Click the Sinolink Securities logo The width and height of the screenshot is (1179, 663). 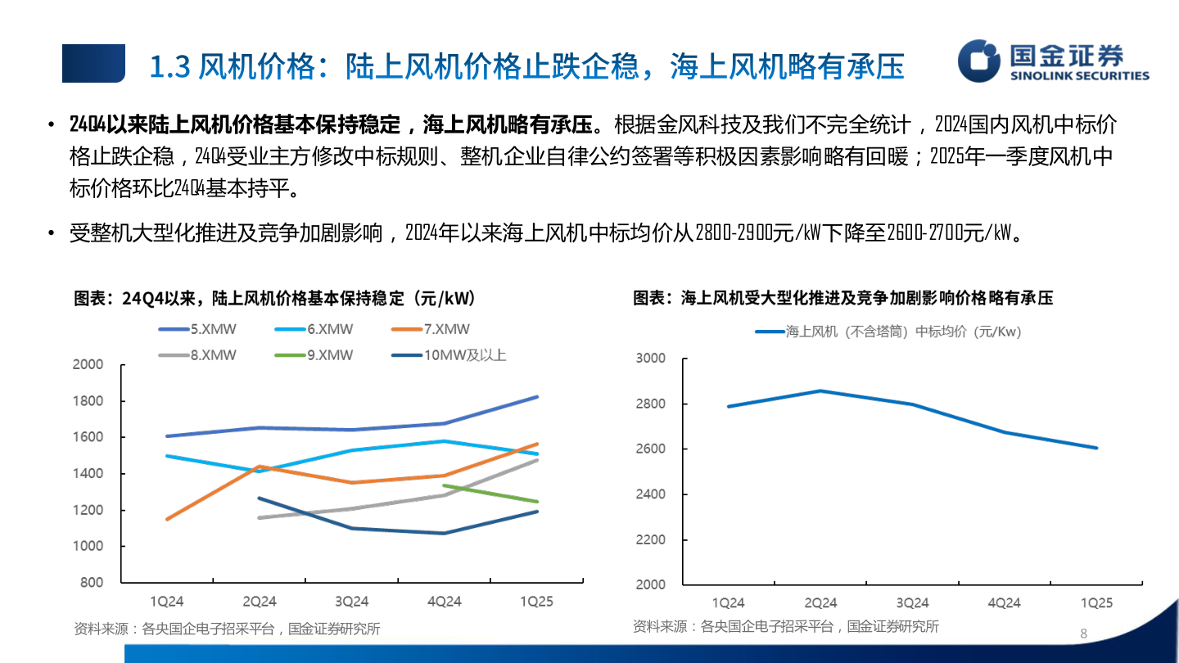[x=1055, y=61]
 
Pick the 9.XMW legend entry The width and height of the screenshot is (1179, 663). [x=314, y=355]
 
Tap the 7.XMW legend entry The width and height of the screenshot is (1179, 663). [x=431, y=330]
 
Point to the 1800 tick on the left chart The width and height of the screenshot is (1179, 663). [x=88, y=401]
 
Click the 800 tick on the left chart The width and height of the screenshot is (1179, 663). [x=93, y=583]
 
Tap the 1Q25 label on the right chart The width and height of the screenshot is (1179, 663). [x=1097, y=603]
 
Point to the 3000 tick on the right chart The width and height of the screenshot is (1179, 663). [x=651, y=359]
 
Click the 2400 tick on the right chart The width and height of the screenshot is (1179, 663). [x=651, y=494]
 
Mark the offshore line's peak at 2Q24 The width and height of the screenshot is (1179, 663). [x=820, y=390]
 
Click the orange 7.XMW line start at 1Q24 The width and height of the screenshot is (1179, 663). [x=167, y=519]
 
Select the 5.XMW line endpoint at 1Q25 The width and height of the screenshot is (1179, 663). [x=537, y=397]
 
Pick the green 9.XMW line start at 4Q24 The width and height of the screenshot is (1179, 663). [x=444, y=485]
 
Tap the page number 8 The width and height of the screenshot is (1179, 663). [x=1084, y=634]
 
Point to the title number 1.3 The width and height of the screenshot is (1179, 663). [x=170, y=66]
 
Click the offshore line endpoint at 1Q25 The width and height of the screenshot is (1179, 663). [x=1097, y=448]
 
